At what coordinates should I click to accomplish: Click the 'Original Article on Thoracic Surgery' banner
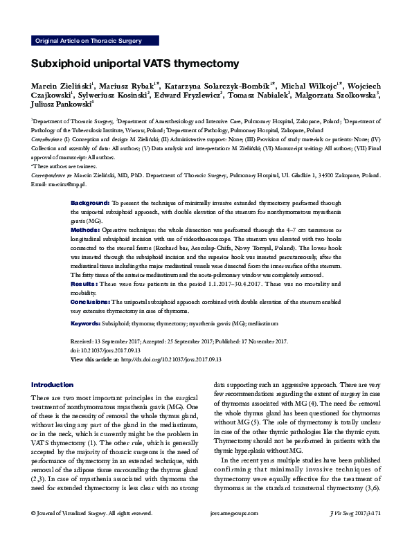(x=87, y=41)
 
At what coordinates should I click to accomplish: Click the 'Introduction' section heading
(x=52, y=385)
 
